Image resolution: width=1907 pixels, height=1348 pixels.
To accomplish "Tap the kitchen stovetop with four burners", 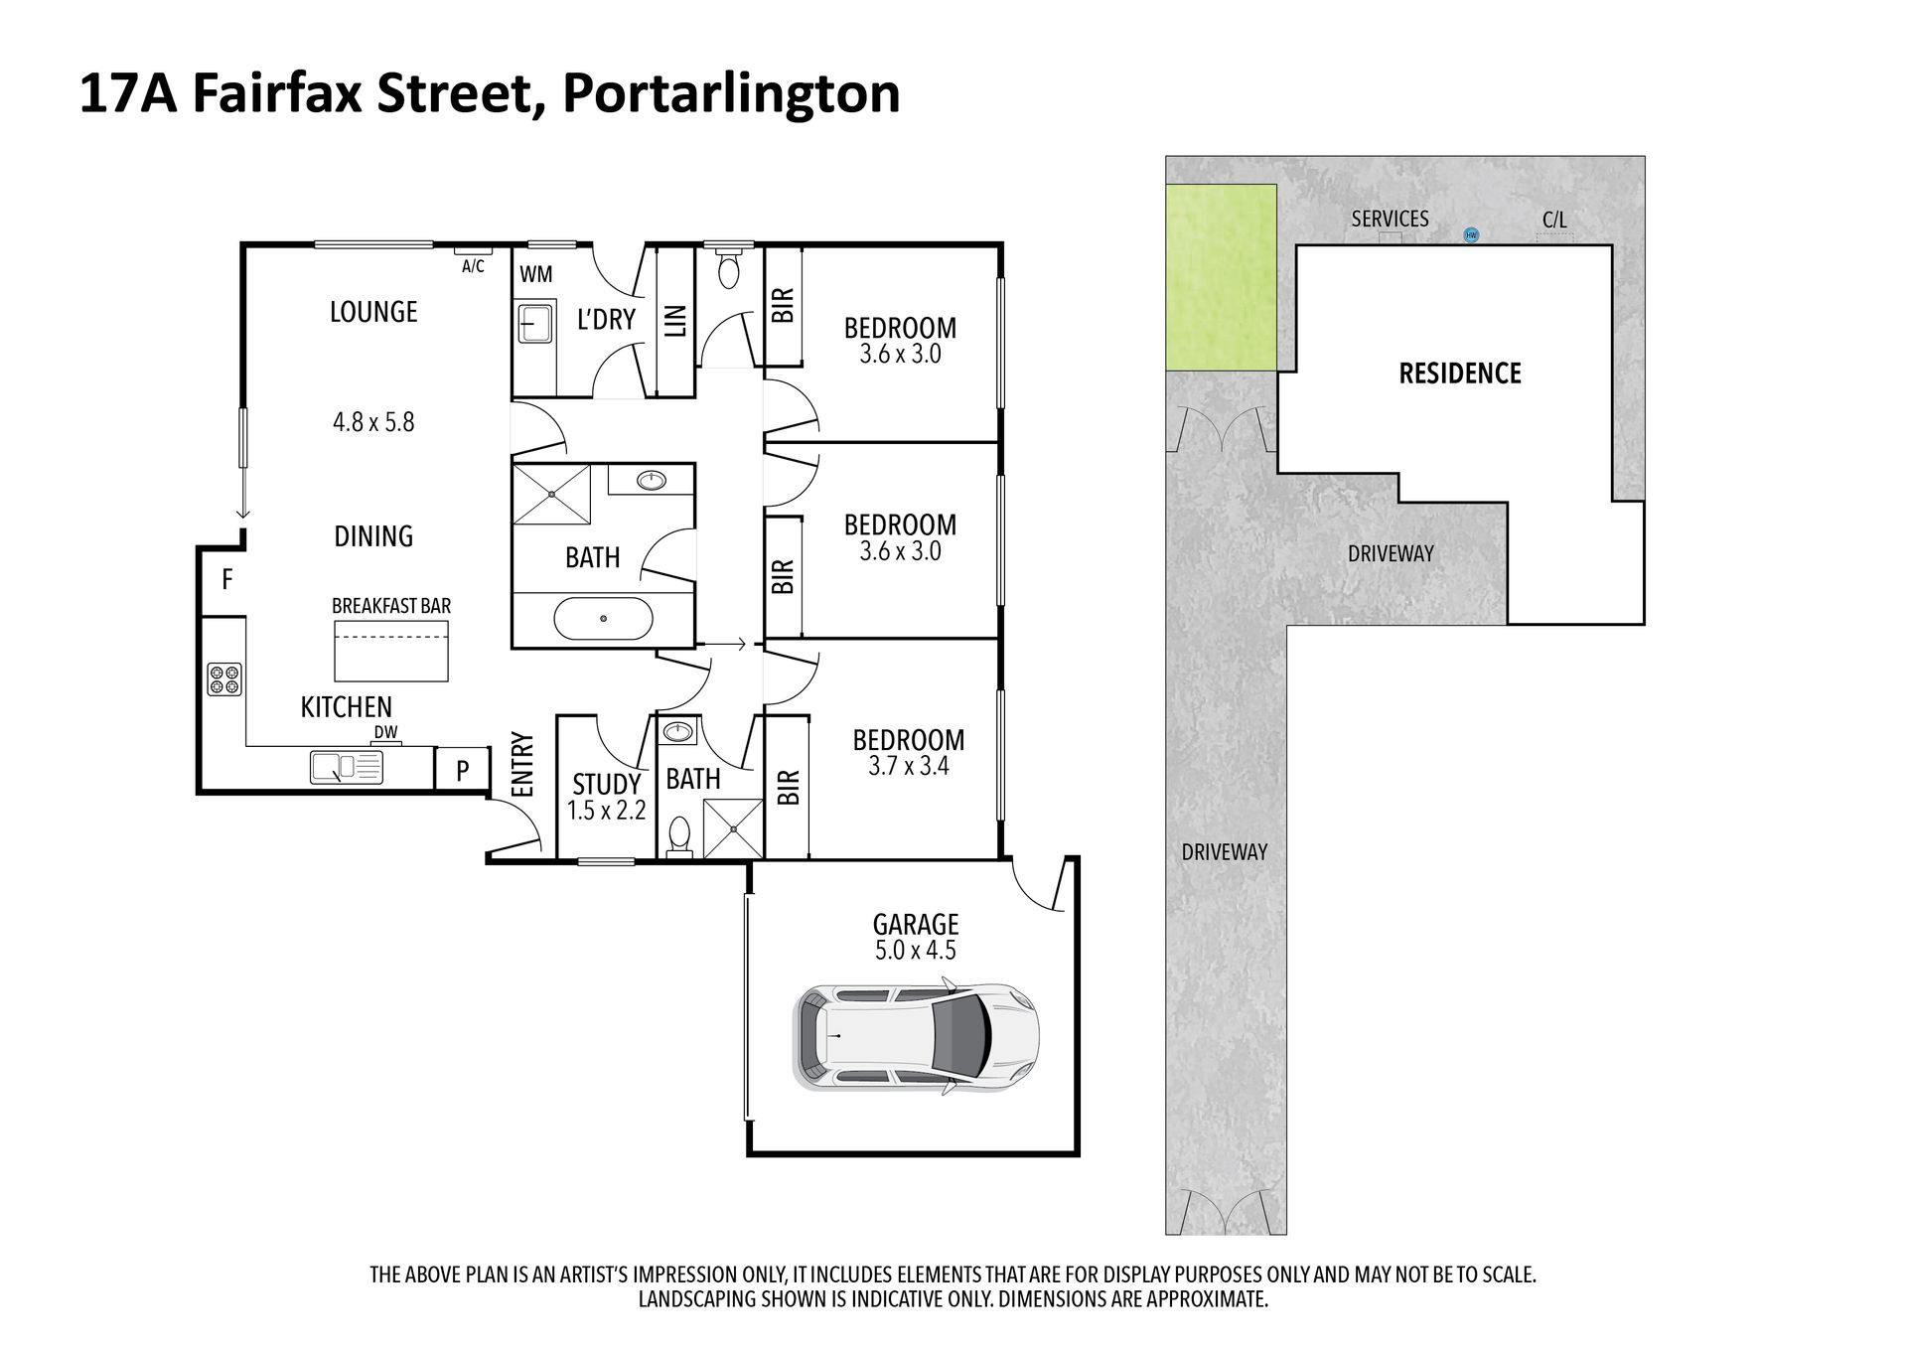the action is click(223, 678).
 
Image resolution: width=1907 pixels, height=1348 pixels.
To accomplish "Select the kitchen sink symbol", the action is click(347, 767).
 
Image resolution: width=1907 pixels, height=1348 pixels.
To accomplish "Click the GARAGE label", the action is click(916, 925).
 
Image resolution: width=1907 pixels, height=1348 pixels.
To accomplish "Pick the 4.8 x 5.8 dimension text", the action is click(373, 422).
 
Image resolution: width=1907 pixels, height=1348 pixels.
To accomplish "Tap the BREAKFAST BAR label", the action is click(391, 606).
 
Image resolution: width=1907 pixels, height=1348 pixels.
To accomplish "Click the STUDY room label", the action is click(607, 785).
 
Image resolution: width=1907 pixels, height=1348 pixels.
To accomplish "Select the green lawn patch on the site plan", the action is click(1221, 277).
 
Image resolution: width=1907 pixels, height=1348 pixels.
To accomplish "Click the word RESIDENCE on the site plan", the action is click(1460, 374).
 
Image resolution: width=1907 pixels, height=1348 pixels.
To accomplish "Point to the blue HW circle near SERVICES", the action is click(1471, 235).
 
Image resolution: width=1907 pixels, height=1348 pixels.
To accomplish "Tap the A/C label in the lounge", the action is click(473, 266).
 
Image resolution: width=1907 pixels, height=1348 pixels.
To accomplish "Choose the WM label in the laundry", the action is click(536, 274).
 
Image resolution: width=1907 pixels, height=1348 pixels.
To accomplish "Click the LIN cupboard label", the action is click(676, 321).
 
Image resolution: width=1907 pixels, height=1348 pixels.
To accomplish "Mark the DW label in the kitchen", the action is click(385, 733).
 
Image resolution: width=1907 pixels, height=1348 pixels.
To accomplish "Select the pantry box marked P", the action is click(463, 769).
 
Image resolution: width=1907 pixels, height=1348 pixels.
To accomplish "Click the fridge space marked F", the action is click(226, 580).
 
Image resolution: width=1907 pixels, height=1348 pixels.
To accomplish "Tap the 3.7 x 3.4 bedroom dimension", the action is click(909, 766).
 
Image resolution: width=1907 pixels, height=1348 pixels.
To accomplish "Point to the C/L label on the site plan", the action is click(1554, 220).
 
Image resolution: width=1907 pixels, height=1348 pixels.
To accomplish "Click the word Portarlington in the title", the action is click(731, 93).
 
